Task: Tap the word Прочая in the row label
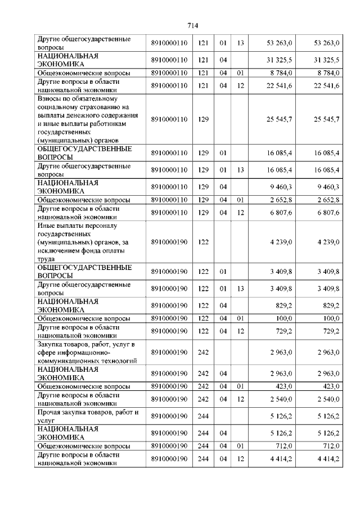tap(50, 413)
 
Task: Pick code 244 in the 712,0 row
tap(203, 446)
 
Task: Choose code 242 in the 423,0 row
tap(203, 386)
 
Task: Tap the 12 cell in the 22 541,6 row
tap(240, 85)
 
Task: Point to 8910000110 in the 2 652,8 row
tap(169, 200)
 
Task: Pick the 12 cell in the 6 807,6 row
tap(240, 212)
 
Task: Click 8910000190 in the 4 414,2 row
tap(169, 459)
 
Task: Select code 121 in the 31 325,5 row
tap(203, 60)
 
